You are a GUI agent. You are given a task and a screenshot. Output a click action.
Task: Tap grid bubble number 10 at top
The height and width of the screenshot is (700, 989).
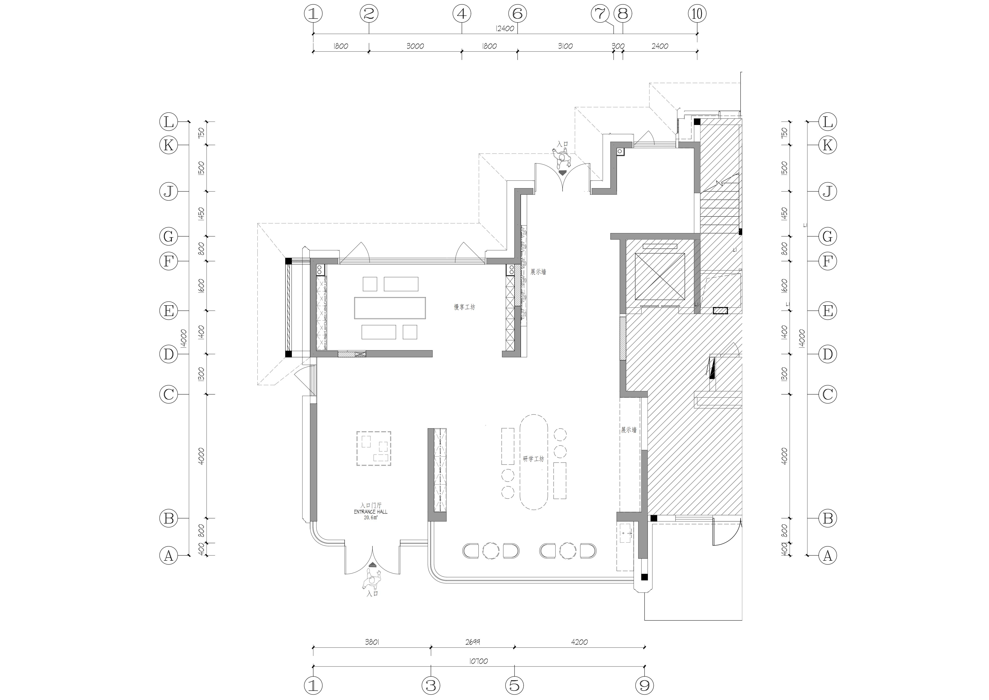click(x=697, y=14)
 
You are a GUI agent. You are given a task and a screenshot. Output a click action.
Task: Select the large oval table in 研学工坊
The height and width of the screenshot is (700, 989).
click(x=534, y=462)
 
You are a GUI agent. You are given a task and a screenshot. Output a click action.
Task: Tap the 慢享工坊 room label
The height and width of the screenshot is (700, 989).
click(x=464, y=307)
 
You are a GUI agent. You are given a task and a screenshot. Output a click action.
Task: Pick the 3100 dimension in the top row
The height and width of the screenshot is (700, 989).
click(x=565, y=46)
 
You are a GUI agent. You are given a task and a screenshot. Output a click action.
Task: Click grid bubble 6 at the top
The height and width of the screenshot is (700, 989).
click(x=517, y=14)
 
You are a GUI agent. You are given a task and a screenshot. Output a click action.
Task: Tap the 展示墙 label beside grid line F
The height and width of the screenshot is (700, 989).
click(x=538, y=272)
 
